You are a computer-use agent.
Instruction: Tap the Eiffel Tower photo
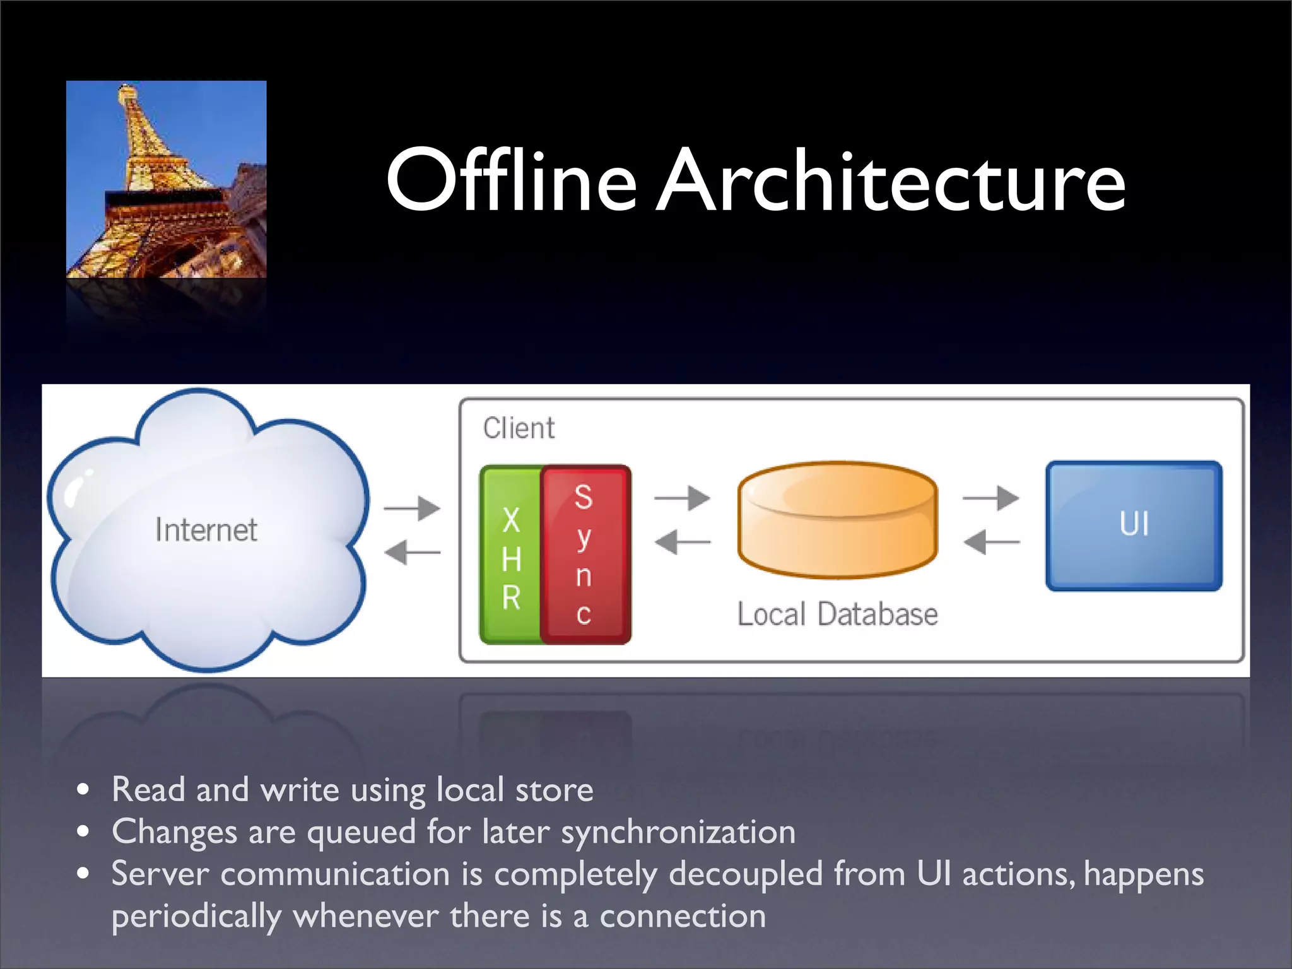point(166,179)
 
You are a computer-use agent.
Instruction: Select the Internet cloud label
point(206,530)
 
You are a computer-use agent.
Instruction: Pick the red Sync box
point(584,554)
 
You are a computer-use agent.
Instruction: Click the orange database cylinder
point(837,520)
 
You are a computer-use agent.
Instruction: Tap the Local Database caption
point(837,614)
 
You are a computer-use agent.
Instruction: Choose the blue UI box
point(1134,526)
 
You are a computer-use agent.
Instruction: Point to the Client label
point(519,428)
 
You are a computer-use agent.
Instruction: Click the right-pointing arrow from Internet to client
point(413,508)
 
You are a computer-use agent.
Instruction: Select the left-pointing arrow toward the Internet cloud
point(413,553)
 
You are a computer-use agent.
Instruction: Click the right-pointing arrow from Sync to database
point(683,498)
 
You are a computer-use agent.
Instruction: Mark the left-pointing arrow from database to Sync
point(683,542)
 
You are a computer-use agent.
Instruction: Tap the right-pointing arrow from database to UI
point(991,498)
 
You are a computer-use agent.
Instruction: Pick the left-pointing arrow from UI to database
point(991,542)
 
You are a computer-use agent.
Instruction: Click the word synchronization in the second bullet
point(678,832)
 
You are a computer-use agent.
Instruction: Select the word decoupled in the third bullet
point(746,874)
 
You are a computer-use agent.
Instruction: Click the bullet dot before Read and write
point(83,790)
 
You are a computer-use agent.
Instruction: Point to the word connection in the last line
point(683,916)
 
